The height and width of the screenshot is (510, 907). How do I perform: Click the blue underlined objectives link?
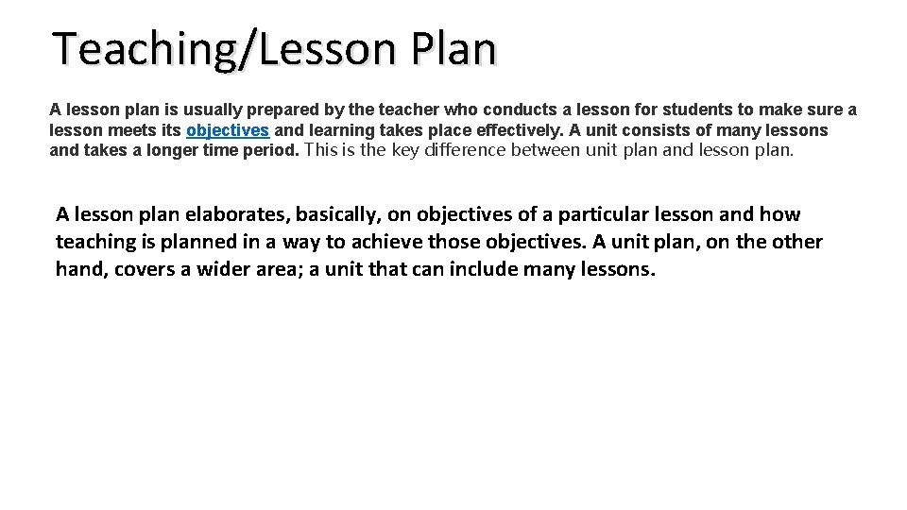[228, 130]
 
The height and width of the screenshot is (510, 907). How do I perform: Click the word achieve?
[388, 243]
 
